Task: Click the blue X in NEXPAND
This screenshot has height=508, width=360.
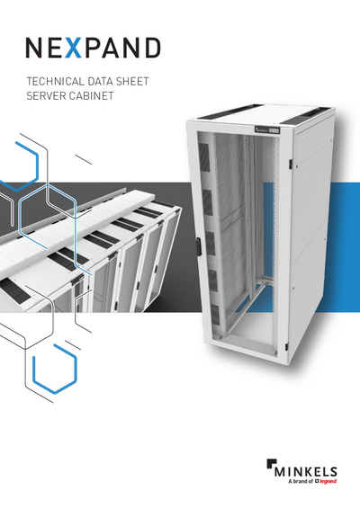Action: click(x=73, y=48)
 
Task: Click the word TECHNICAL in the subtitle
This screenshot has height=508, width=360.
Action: click(x=51, y=81)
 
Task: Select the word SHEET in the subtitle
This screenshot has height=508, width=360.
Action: click(x=132, y=81)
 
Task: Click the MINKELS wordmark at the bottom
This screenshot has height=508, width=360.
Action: click(x=306, y=472)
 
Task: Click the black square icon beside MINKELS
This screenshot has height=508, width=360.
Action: click(x=271, y=464)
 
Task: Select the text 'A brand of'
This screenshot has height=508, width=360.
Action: click(x=301, y=481)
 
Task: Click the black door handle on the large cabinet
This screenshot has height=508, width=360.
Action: click(x=198, y=247)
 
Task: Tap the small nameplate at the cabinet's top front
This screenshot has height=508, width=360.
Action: click(x=267, y=130)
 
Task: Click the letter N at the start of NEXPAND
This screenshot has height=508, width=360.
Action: click(x=34, y=48)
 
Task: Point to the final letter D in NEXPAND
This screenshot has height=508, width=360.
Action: click(x=152, y=48)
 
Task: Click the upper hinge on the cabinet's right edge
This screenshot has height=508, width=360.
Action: click(x=291, y=164)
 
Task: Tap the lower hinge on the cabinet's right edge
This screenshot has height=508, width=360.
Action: click(x=287, y=347)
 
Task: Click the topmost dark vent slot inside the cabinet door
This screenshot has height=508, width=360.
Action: click(x=204, y=155)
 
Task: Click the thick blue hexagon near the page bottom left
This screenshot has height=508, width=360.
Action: click(x=56, y=370)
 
